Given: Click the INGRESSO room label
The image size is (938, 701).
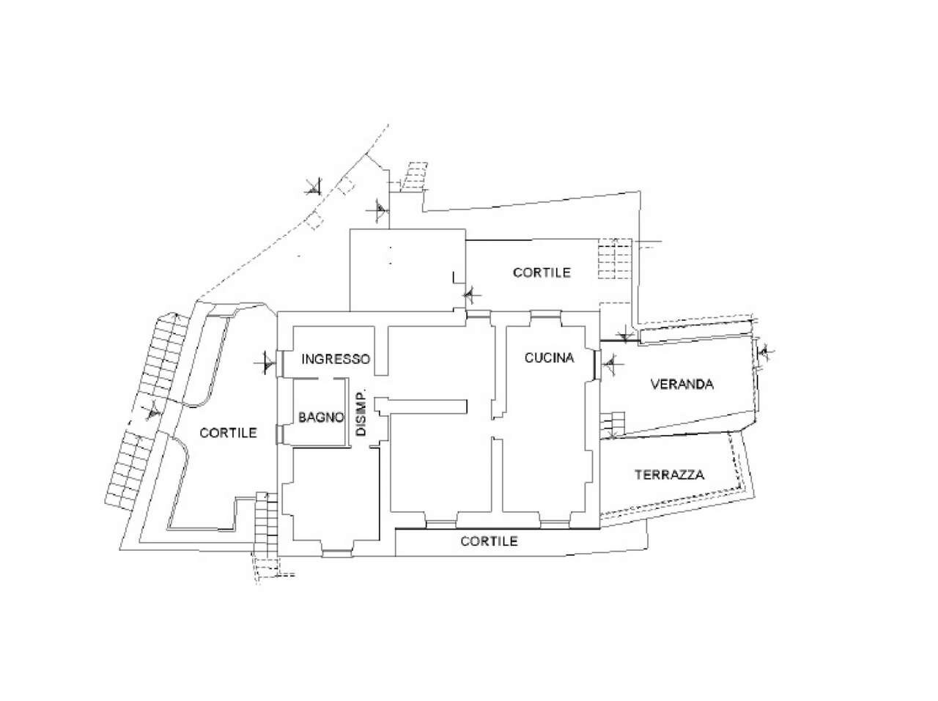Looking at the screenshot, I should (x=336, y=360).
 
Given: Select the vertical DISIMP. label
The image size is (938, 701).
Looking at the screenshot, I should (x=361, y=413).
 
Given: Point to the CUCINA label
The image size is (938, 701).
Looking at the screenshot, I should (x=549, y=358).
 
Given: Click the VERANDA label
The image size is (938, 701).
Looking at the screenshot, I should (x=682, y=384).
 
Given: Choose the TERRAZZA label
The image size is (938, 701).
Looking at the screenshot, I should (x=669, y=475).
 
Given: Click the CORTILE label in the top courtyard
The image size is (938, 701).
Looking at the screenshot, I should (x=542, y=272).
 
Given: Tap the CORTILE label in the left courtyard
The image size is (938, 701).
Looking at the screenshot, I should (x=229, y=433).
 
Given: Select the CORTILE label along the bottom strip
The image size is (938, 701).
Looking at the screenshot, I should (x=489, y=541).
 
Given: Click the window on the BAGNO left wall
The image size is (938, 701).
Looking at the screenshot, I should (x=278, y=434).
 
